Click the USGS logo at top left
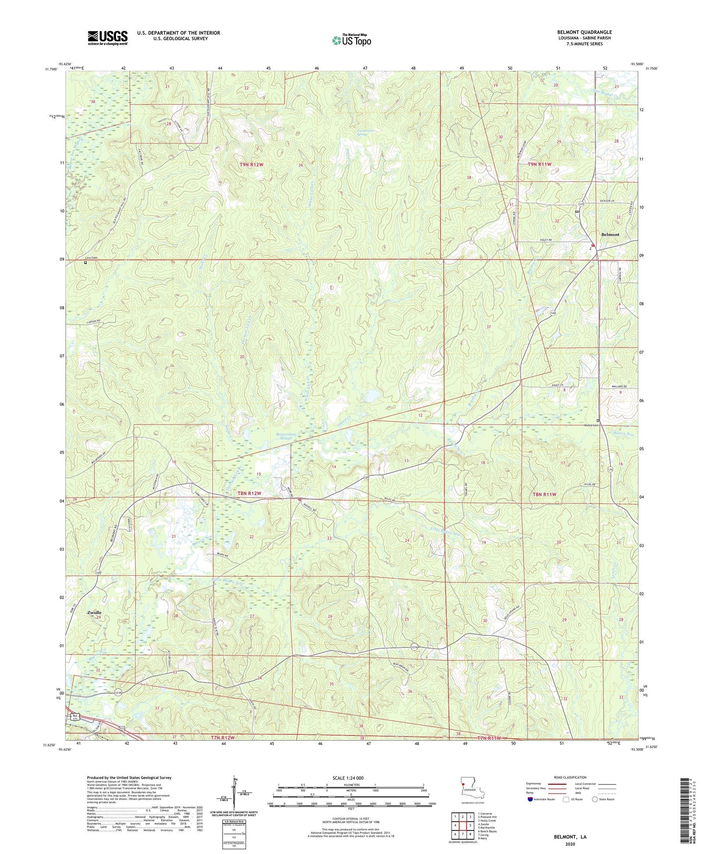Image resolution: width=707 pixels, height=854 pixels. pyautogui.click(x=108, y=37)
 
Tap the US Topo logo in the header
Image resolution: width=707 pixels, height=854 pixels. pyautogui.click(x=351, y=40)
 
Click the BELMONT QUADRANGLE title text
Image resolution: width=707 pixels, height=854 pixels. pyautogui.click(x=584, y=32)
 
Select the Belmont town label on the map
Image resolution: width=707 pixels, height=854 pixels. pyautogui.click(x=610, y=234)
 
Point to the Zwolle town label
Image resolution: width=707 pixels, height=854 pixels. pyautogui.click(x=94, y=612)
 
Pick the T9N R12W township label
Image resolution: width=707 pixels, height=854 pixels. pyautogui.click(x=251, y=164)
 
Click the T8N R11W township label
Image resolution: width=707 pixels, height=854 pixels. pyautogui.click(x=545, y=494)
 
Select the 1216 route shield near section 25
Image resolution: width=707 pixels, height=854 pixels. pyautogui.click(x=414, y=646)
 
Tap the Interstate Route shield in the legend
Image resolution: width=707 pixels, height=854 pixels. pyautogui.click(x=531, y=799)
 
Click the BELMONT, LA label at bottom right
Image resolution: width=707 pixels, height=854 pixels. pyautogui.click(x=570, y=836)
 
